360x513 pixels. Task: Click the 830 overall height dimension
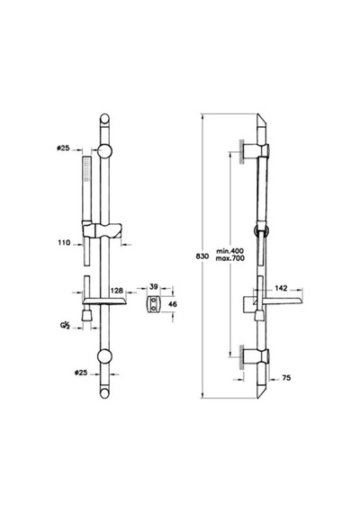click(202, 256)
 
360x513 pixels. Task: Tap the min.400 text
click(230, 251)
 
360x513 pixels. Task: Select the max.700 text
click(230, 258)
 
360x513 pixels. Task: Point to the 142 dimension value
click(281, 288)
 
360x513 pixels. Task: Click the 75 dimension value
click(286, 378)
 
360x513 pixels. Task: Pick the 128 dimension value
click(116, 291)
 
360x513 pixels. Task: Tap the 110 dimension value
click(64, 243)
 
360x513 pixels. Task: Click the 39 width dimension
click(154, 286)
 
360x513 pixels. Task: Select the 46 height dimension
click(173, 304)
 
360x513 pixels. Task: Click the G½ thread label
click(65, 326)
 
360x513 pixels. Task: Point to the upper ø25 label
click(63, 148)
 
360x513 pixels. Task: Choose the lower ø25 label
click(81, 373)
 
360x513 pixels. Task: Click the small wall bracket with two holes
click(153, 304)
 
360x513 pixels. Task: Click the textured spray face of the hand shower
click(86, 170)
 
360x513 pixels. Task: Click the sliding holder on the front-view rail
click(103, 230)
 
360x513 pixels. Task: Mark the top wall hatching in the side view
click(242, 151)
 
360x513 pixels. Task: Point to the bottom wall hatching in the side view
click(242, 357)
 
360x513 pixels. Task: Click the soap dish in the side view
click(277, 301)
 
